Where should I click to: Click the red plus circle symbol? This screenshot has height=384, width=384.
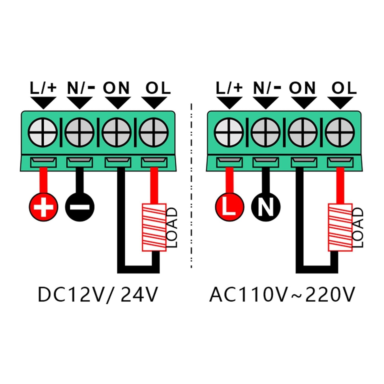43,207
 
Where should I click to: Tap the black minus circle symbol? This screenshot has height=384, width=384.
80,207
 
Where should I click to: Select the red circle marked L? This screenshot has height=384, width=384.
229,207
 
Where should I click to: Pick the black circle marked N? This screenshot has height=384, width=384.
266,207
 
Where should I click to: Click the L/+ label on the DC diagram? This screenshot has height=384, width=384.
43,88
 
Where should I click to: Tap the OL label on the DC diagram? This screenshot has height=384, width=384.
158,88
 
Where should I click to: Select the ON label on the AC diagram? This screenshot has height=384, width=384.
302,88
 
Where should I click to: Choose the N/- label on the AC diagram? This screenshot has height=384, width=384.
266,88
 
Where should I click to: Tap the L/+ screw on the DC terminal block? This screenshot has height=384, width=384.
43,132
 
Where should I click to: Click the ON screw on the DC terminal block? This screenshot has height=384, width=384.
117,132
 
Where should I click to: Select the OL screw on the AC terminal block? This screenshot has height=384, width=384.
340,132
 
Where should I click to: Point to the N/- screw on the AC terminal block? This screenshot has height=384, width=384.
266,132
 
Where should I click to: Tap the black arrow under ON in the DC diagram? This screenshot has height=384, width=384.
117,102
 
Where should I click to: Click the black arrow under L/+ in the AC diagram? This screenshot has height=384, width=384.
229,102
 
